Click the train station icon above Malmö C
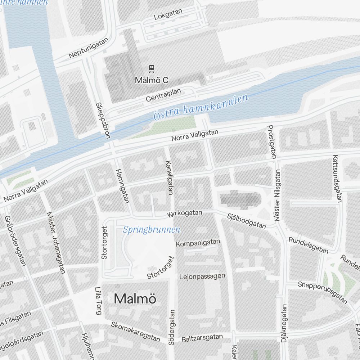click(152, 68)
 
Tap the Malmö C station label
click(152, 80)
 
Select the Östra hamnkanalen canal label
click(201, 107)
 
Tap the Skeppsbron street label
click(102, 120)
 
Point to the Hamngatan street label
click(121, 186)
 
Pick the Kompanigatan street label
click(198, 243)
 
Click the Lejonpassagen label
click(202, 276)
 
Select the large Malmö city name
click(135, 299)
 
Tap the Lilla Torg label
click(98, 300)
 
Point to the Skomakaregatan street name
click(135, 331)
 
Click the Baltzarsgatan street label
click(202, 338)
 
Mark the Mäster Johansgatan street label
click(56, 242)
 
